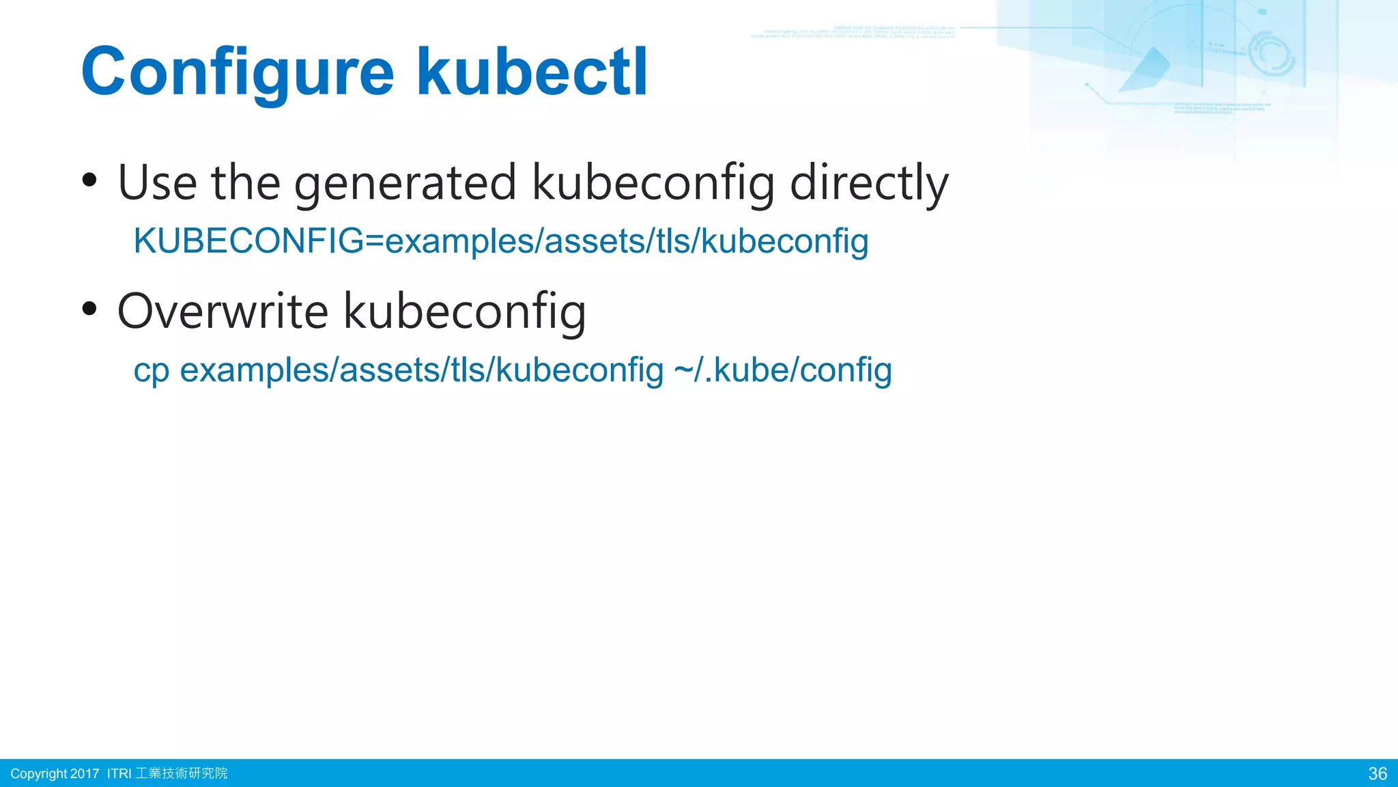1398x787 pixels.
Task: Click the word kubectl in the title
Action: click(x=532, y=71)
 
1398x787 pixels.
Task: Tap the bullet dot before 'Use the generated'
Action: click(x=89, y=180)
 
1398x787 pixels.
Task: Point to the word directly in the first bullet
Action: click(x=869, y=183)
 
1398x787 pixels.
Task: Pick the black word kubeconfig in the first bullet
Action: click(x=653, y=183)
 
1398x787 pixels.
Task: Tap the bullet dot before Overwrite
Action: click(x=89, y=309)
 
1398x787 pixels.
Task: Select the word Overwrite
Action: click(x=223, y=311)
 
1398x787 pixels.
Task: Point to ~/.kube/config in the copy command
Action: click(x=783, y=370)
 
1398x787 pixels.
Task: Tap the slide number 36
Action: click(x=1378, y=773)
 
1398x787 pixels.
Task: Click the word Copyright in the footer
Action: click(x=39, y=773)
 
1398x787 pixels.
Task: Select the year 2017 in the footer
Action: click(x=85, y=773)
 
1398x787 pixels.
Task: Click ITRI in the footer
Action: click(x=119, y=773)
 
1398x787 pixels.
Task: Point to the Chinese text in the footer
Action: click(x=182, y=773)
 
